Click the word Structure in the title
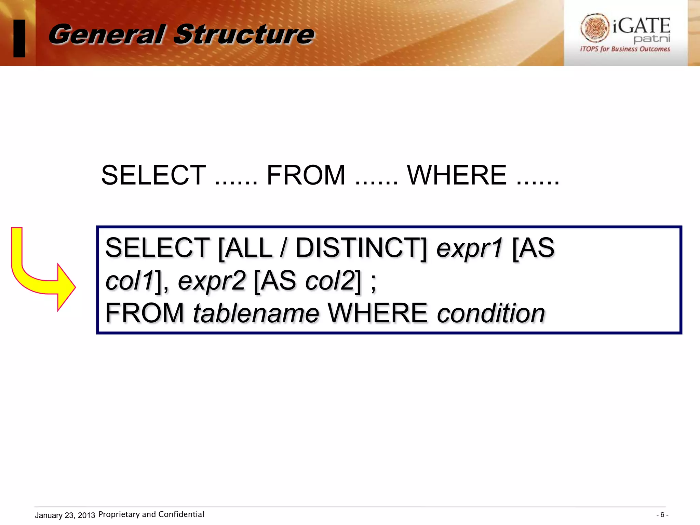pyautogui.click(x=244, y=35)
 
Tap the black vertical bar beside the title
pyautogui.click(x=19, y=38)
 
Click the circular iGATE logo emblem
pyautogui.click(x=595, y=28)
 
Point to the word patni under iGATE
pyautogui.click(x=651, y=39)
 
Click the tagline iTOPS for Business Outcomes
pyautogui.click(x=625, y=49)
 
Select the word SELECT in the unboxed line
pyautogui.click(x=153, y=175)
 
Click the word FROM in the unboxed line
pyautogui.click(x=306, y=175)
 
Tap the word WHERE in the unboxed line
pyautogui.click(x=457, y=175)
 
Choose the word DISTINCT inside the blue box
pyautogui.click(x=361, y=248)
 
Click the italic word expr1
pyautogui.click(x=470, y=248)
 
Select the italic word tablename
pyautogui.click(x=256, y=313)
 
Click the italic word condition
pyautogui.click(x=491, y=313)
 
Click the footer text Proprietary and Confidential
pyautogui.click(x=151, y=514)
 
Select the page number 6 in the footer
pyautogui.click(x=662, y=515)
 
